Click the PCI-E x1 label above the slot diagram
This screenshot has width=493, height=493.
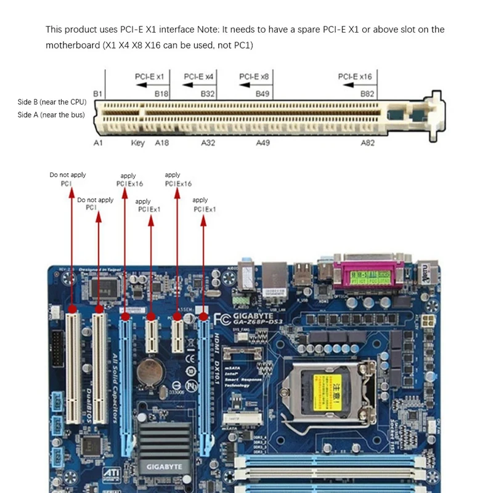click(149, 76)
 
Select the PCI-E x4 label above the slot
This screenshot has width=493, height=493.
click(198, 76)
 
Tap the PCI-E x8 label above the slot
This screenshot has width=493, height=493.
click(254, 76)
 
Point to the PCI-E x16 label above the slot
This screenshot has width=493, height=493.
click(355, 76)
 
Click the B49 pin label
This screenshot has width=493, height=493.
click(263, 94)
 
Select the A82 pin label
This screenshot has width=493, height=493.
click(367, 142)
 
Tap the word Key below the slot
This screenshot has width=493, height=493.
click(137, 142)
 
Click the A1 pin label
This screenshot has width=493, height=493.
click(97, 142)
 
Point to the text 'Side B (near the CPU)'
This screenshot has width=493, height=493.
click(52, 102)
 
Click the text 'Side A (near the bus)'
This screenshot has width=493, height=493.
click(52, 115)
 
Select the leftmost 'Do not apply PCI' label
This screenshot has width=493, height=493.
click(68, 179)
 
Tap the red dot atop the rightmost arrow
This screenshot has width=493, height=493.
click(203, 316)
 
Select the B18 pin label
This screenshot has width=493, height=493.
click(161, 94)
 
